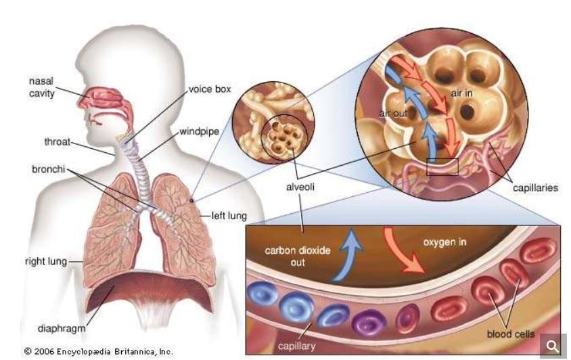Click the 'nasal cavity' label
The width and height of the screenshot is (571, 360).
pyautogui.click(x=41, y=87)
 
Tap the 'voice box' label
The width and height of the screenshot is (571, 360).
pyautogui.click(x=210, y=89)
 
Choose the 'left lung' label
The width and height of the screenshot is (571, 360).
pyautogui.click(x=227, y=216)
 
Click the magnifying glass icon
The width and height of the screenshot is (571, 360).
pyautogui.click(x=553, y=346)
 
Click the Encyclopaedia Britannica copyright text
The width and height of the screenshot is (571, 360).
pyautogui.click(x=99, y=351)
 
